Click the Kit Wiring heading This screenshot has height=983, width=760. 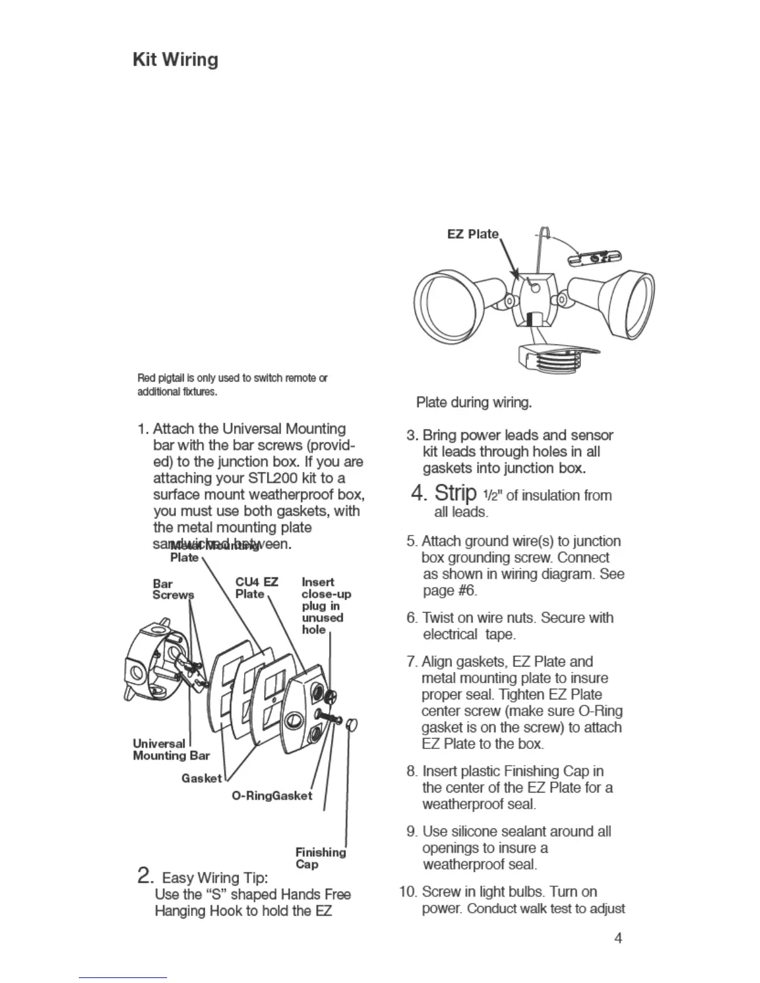176,60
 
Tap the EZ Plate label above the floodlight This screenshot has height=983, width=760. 473,234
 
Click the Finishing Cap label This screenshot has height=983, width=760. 320,858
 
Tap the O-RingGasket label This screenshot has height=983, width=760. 271,796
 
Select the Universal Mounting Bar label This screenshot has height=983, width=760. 171,749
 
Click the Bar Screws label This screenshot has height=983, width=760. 173,589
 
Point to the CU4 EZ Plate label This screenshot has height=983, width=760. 256,588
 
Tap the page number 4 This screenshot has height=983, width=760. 618,938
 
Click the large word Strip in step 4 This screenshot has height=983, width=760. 455,493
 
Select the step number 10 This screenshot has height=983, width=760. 408,892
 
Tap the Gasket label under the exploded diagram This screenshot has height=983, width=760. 201,778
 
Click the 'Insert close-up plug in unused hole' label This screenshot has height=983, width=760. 326,606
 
